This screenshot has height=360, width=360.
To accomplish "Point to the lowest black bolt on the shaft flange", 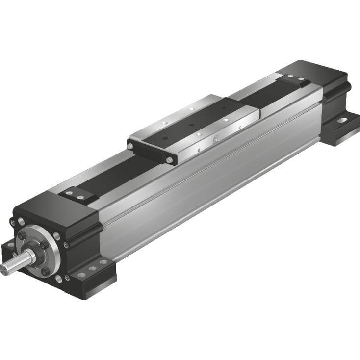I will (46, 271).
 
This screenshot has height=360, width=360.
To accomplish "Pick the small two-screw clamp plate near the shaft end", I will (78, 196).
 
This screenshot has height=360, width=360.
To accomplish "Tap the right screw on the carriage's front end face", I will (169, 160).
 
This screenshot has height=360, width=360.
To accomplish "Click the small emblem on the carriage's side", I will (214, 140).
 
